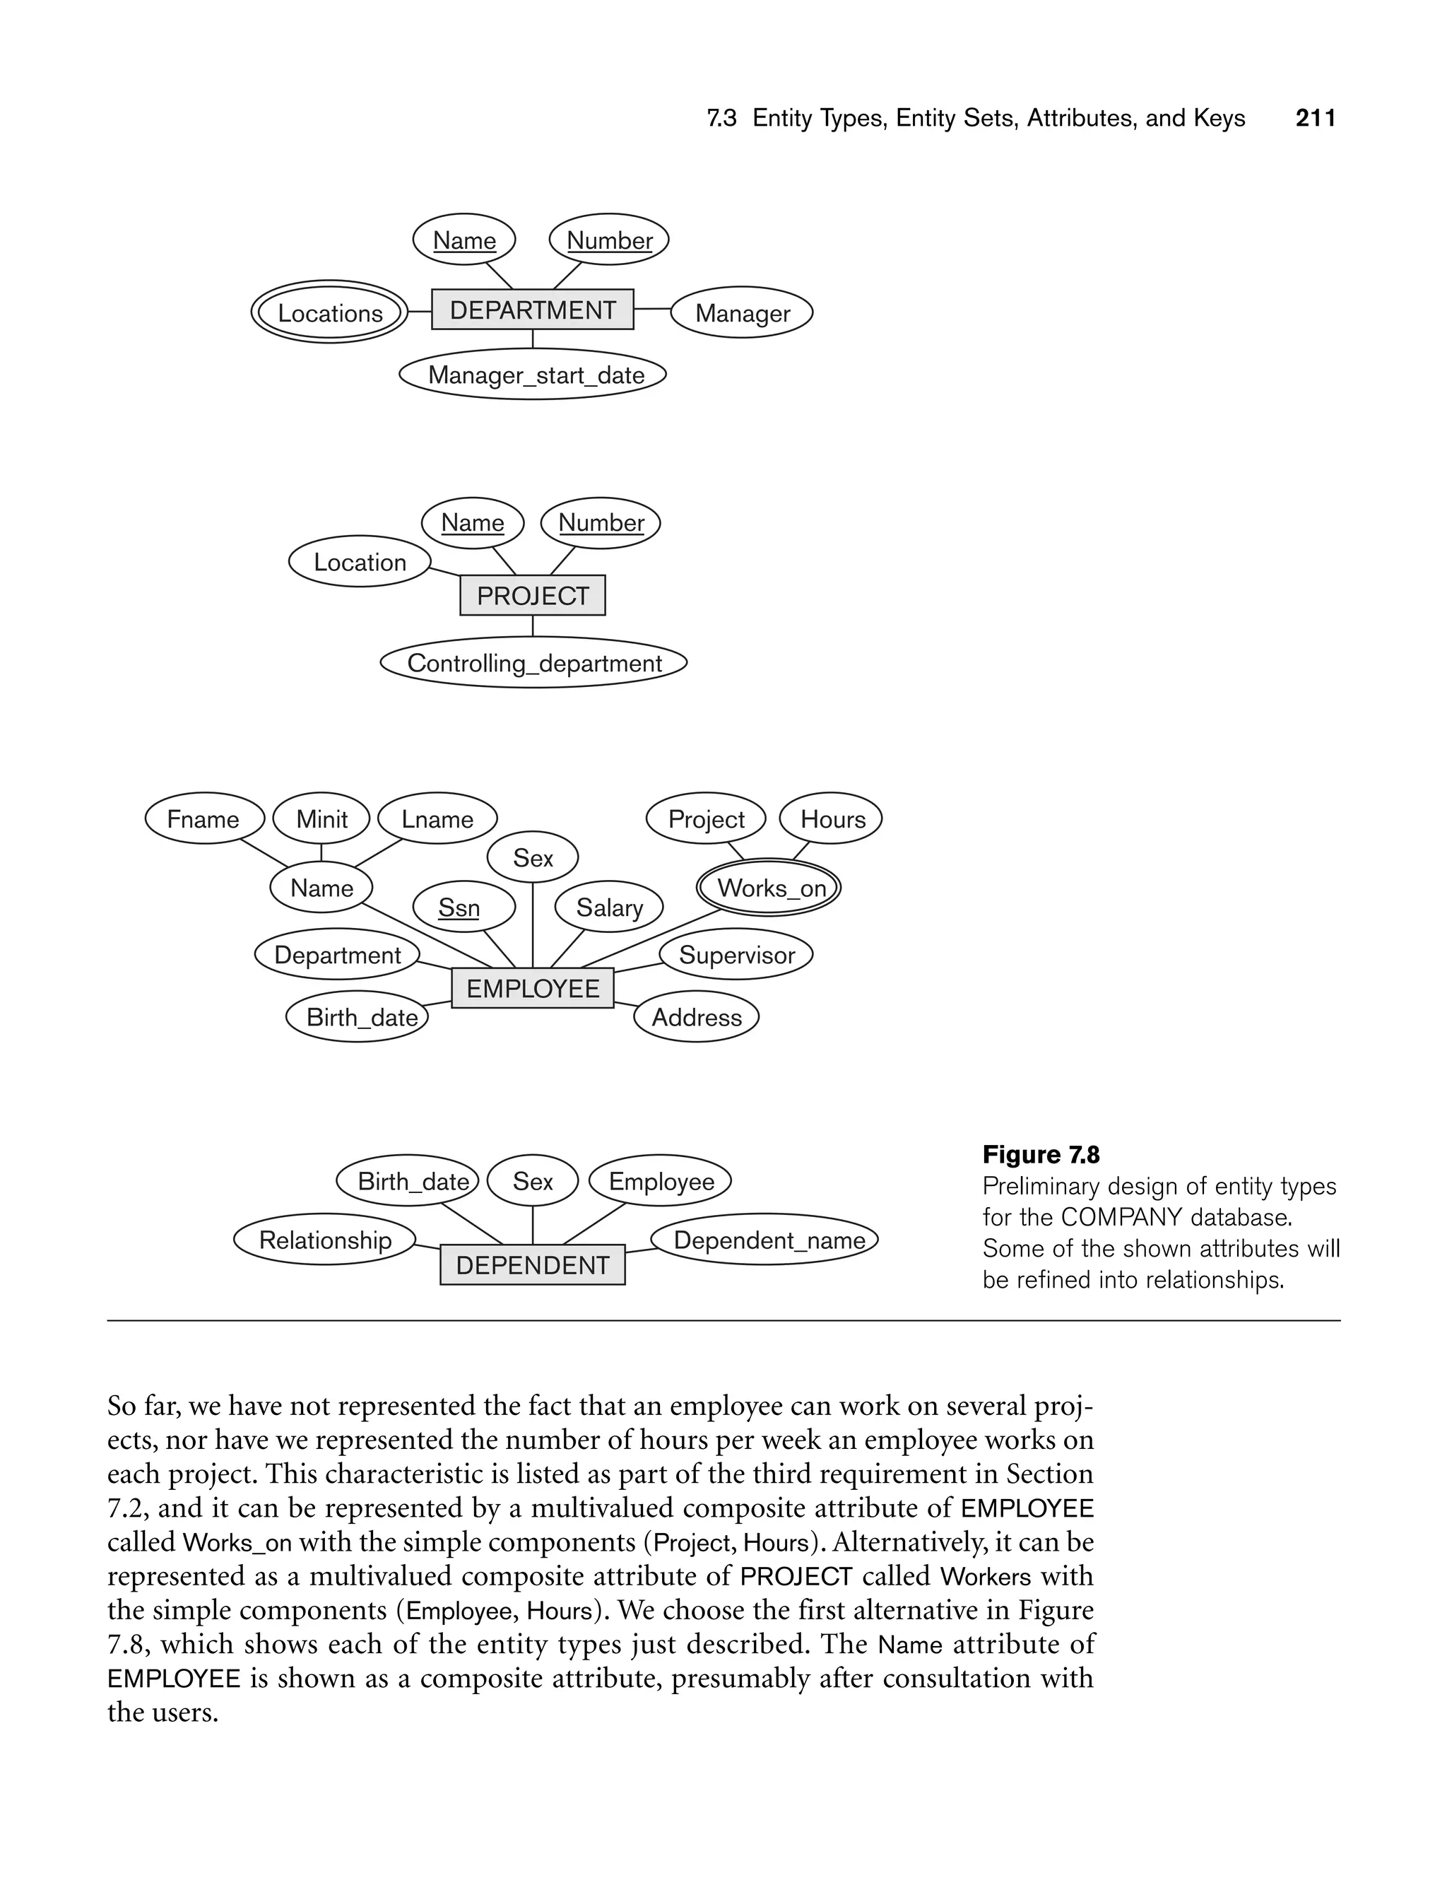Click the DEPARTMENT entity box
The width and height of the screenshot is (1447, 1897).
(x=532, y=310)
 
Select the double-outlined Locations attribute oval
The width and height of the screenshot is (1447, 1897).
(x=329, y=312)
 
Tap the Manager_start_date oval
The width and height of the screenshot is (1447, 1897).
(x=534, y=375)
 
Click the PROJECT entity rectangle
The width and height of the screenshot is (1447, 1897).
(x=532, y=595)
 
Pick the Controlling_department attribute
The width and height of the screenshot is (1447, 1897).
(x=534, y=662)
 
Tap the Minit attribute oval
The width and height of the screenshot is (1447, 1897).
(x=321, y=818)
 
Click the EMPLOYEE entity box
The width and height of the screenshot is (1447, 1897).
(x=532, y=988)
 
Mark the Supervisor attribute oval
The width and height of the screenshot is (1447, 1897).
(x=736, y=955)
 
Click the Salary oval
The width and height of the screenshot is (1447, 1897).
(x=609, y=907)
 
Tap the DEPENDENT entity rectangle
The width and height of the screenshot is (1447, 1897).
(x=532, y=1264)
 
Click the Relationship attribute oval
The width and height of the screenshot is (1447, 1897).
(x=325, y=1240)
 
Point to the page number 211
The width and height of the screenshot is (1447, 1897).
(x=1315, y=118)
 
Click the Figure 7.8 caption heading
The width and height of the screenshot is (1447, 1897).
(x=1041, y=1154)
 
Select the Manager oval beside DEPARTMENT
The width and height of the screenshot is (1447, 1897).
(x=742, y=312)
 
